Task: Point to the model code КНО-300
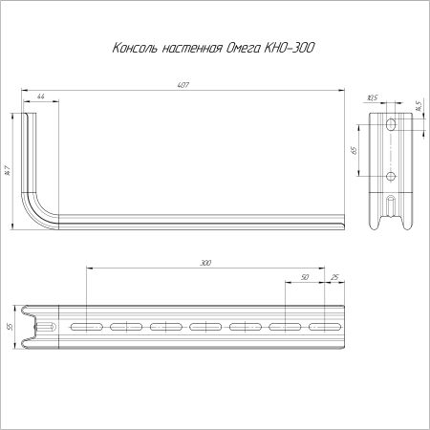click(x=291, y=47)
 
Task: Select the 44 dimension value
click(x=41, y=97)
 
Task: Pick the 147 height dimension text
click(x=8, y=170)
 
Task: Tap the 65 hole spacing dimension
click(x=354, y=150)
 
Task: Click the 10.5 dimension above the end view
click(x=373, y=97)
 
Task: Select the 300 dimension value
click(x=206, y=261)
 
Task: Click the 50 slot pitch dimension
click(x=305, y=277)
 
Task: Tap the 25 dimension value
click(x=333, y=277)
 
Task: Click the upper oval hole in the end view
click(x=390, y=126)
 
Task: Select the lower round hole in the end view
click(x=390, y=176)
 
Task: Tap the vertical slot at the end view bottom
click(x=390, y=205)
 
